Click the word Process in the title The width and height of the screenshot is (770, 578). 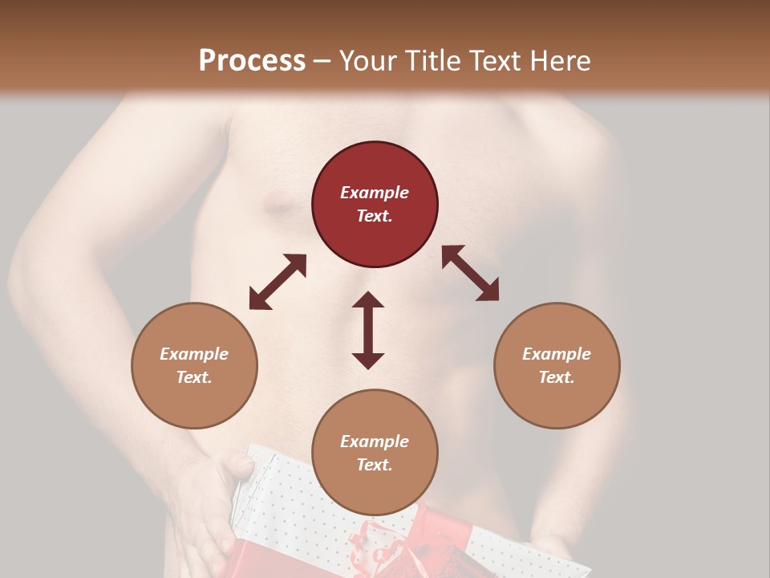pyautogui.click(x=252, y=60)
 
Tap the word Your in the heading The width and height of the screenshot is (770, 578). pyautogui.click(x=371, y=60)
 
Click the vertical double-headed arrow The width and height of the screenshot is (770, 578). pyautogui.click(x=368, y=330)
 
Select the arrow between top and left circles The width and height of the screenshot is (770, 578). pyautogui.click(x=278, y=282)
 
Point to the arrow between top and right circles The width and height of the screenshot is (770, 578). pyautogui.click(x=470, y=273)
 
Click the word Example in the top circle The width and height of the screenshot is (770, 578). pyautogui.click(x=375, y=193)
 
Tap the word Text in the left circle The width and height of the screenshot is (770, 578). pyautogui.click(x=194, y=377)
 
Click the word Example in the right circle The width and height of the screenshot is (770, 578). pyautogui.click(x=557, y=354)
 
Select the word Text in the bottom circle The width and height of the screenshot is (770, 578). pyautogui.click(x=375, y=465)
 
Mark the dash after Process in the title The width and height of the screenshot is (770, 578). pyautogui.click(x=322, y=61)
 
